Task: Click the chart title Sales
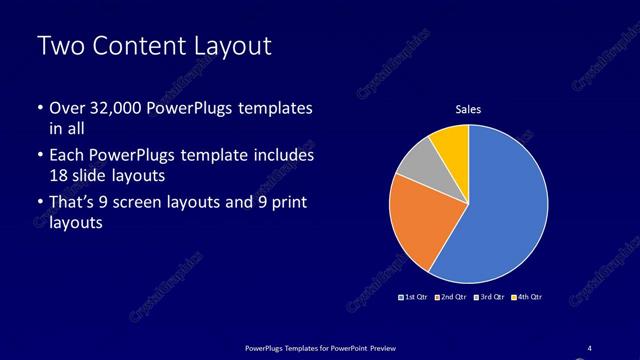coord(468,109)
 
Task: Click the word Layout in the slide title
coord(231,46)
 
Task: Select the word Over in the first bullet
coord(68,107)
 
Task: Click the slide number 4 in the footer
coord(589,347)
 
